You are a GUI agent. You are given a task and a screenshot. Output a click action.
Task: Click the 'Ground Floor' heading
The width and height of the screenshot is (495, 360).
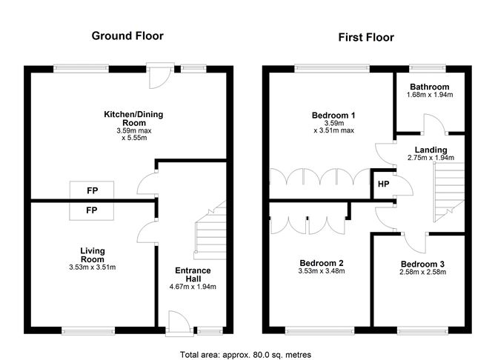point(127,36)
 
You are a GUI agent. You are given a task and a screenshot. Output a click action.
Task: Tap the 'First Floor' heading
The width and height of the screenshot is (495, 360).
point(365,37)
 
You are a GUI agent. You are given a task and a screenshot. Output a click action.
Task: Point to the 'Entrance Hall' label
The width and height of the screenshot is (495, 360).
point(193,274)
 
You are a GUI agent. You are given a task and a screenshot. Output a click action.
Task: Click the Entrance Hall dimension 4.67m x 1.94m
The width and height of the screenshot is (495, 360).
point(193,286)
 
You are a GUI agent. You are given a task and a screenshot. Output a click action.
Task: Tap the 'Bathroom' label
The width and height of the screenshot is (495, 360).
point(429,85)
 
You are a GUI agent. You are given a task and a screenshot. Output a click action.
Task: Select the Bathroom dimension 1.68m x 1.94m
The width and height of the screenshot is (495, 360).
point(429,94)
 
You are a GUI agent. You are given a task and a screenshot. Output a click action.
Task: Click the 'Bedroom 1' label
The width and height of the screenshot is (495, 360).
point(333,116)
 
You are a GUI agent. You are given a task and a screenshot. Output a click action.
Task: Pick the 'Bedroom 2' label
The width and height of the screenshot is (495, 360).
point(321,263)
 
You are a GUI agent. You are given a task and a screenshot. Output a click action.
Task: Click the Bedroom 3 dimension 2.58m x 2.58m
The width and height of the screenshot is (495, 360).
point(422,273)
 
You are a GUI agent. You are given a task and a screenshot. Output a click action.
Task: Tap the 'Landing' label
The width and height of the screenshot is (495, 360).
point(430,150)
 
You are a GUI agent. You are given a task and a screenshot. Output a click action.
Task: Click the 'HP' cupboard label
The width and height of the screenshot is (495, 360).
point(383,184)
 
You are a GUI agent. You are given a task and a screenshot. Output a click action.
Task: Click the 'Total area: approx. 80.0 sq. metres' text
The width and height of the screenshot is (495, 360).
point(246,354)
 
